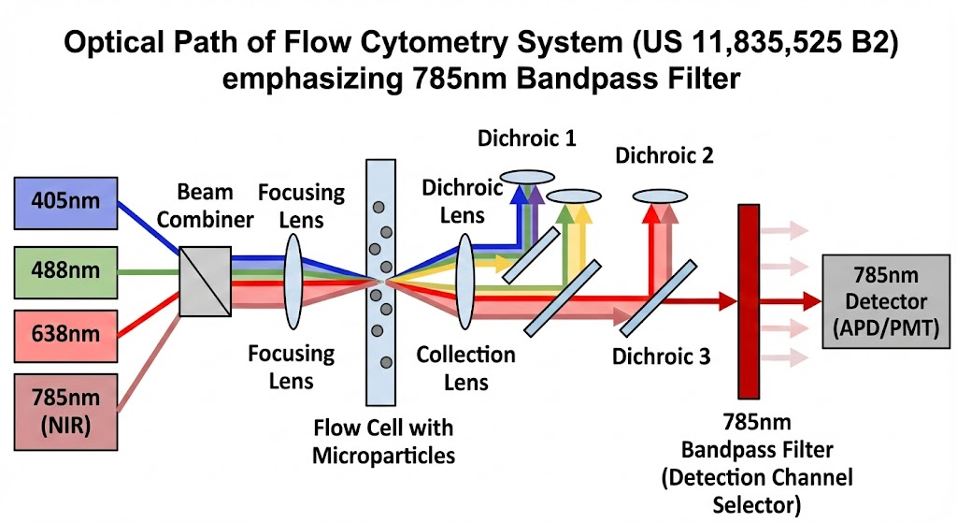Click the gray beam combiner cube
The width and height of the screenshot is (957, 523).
coord(207,282)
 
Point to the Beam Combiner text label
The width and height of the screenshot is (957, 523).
coord(216,206)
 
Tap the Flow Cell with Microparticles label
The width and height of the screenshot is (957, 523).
coord(383,441)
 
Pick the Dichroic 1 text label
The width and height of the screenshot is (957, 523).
coord(526,139)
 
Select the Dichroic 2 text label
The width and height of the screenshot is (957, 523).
coord(664,155)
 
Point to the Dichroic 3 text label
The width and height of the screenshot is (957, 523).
coord(661,356)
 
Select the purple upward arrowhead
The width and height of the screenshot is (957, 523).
coord(535,195)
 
